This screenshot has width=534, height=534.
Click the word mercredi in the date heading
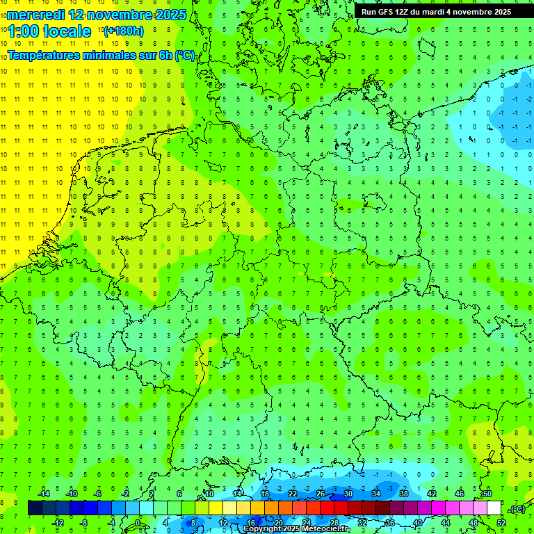point(35,14)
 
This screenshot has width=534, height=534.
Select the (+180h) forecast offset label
point(123,31)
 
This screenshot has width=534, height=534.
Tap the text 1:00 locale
point(49,31)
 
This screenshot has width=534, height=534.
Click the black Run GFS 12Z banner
point(436,12)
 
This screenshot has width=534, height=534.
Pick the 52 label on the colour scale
point(501,523)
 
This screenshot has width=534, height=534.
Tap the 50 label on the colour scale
point(487,494)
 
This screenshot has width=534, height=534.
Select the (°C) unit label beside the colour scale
point(517,509)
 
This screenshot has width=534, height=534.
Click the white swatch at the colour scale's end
point(494,508)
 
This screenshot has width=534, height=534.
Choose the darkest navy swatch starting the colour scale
point(35,508)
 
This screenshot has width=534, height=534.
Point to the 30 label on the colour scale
point(348,494)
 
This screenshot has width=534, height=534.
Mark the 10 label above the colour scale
point(209,494)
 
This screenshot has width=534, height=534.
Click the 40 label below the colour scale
point(417,523)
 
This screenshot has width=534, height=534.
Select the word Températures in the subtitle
point(43,56)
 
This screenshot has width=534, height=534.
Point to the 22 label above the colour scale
point(292,494)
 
